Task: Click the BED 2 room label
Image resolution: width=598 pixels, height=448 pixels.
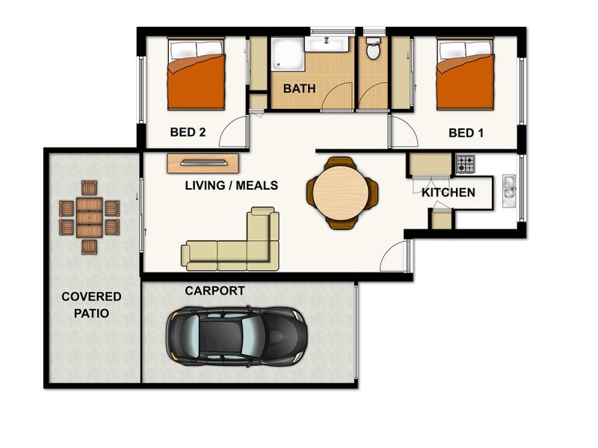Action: pos(188,133)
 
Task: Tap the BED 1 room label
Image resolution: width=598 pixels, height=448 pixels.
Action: pos(466,133)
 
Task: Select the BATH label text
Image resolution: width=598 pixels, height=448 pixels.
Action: pos(299,88)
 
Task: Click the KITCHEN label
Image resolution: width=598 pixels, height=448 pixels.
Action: pos(449,193)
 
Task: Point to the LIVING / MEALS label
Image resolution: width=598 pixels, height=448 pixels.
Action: pos(232,185)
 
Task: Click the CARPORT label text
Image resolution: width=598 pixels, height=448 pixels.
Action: pos(215,291)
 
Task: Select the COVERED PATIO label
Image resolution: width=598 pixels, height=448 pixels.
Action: pos(91,305)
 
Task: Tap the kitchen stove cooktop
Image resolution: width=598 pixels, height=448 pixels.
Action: pos(465,161)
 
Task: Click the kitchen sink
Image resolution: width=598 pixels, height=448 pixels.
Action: pos(510,187)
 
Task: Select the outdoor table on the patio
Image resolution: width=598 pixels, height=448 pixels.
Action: pos(90,217)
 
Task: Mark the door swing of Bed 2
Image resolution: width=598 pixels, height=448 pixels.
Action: pos(238,133)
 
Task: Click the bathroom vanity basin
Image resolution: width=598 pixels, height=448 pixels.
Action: pos(328,43)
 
